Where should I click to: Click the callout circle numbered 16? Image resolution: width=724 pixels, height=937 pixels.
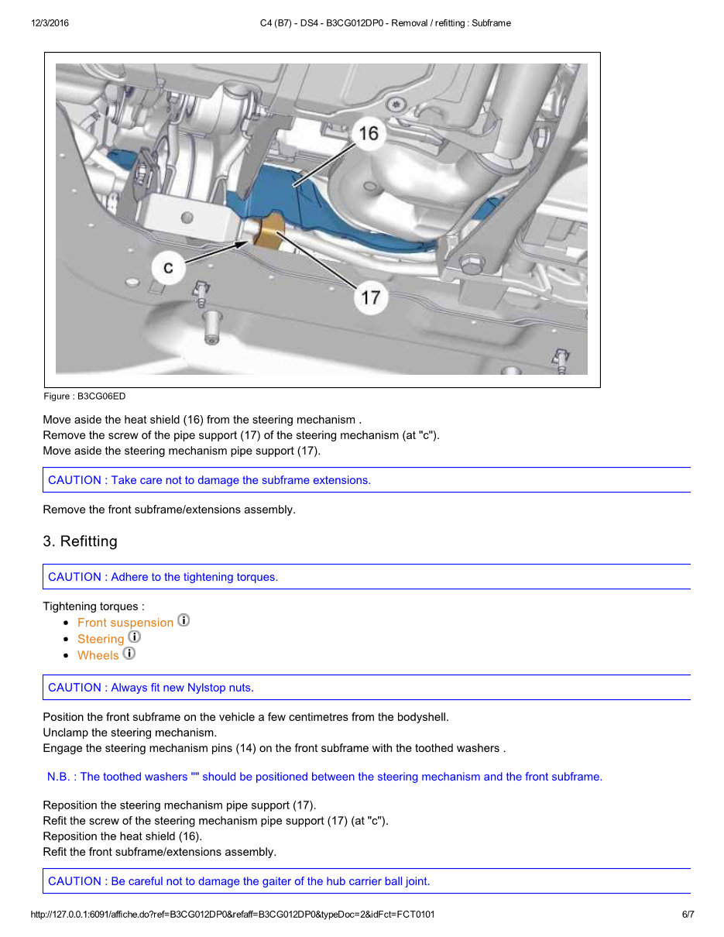[x=369, y=134]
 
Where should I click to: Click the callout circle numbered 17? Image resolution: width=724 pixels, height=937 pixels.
[x=370, y=297]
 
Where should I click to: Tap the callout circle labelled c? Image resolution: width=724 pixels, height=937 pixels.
[x=168, y=269]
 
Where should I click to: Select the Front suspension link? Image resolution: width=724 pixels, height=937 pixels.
[x=125, y=623]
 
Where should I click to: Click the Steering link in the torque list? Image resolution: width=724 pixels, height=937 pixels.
[x=101, y=639]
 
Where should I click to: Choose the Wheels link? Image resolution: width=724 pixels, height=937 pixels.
[x=98, y=655]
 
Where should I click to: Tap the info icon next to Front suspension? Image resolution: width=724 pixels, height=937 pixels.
[x=184, y=620]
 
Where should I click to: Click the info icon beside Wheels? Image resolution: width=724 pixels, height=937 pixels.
[x=129, y=654]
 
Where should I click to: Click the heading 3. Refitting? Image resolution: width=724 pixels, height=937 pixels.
[x=80, y=541]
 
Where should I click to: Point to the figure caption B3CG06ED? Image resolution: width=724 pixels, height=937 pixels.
[x=84, y=396]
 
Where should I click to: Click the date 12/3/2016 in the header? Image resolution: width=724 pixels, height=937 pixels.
[x=50, y=23]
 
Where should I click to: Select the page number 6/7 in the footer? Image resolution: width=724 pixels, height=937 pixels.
[x=688, y=915]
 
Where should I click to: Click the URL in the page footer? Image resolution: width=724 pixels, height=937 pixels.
[x=232, y=915]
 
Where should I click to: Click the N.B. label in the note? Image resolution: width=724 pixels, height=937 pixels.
[x=61, y=777]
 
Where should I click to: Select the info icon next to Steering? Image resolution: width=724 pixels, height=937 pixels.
[x=135, y=637]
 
